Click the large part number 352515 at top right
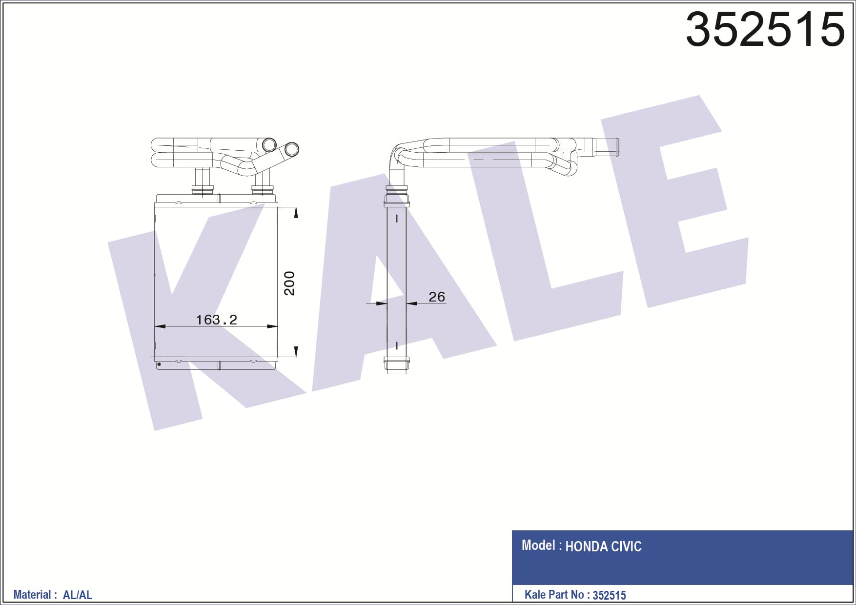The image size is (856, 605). (x=765, y=30)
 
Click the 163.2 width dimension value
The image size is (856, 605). (x=216, y=320)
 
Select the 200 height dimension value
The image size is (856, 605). (x=289, y=283)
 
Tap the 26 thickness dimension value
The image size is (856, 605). (x=437, y=297)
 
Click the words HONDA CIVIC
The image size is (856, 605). (x=603, y=546)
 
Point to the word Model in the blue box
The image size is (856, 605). (x=538, y=545)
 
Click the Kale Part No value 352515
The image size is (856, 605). (x=609, y=595)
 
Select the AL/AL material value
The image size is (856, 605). (x=78, y=595)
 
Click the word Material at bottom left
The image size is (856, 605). (x=32, y=594)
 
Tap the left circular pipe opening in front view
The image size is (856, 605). (x=269, y=145)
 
